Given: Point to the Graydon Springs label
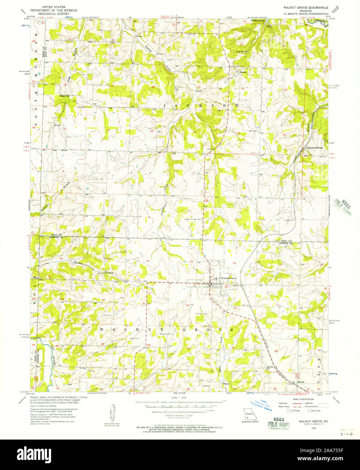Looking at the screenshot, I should tap(315, 148).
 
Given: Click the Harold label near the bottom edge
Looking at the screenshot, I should tap(300, 382).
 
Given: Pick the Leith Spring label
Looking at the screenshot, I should tap(242, 52).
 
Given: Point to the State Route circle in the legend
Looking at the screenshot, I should tap(309, 411).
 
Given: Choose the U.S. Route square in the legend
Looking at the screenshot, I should tap(288, 411).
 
